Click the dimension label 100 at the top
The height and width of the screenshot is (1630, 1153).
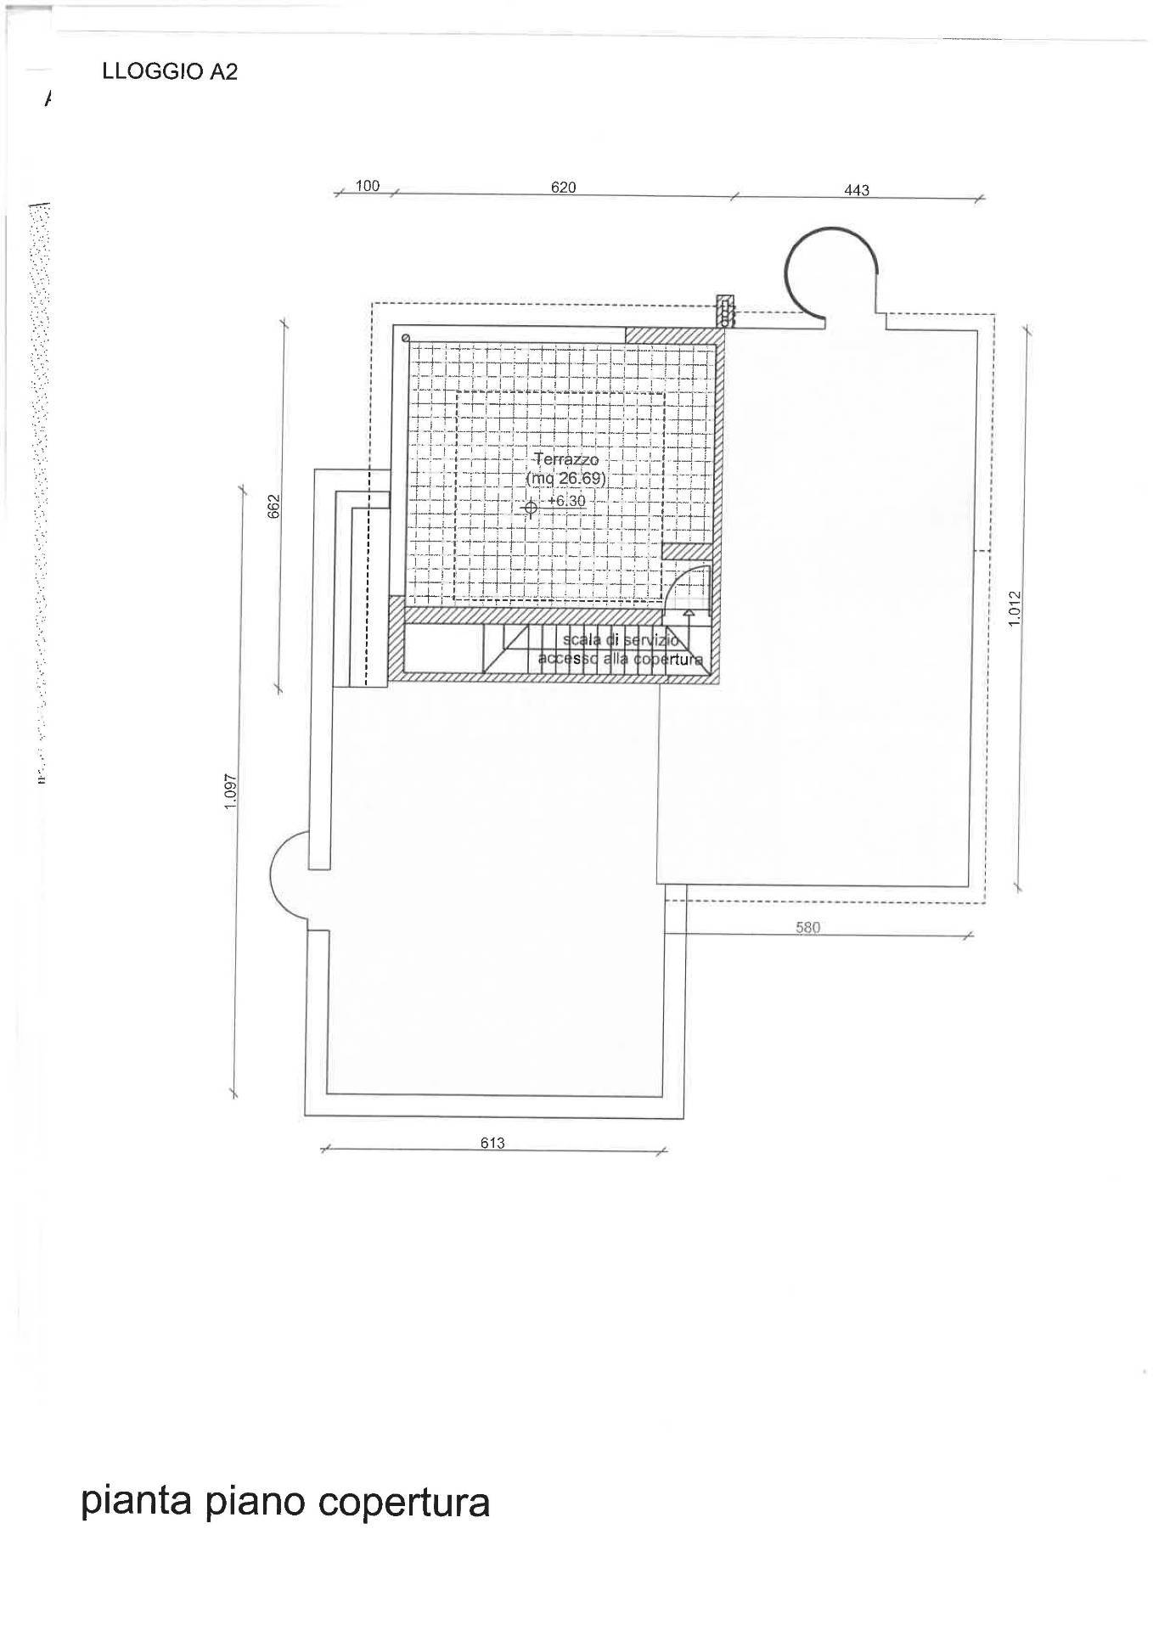pyautogui.click(x=367, y=186)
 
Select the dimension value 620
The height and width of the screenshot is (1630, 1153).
pyautogui.click(x=563, y=188)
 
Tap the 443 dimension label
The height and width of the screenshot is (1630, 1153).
pyautogui.click(x=857, y=190)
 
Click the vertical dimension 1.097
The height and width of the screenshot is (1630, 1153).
pyautogui.click(x=229, y=790)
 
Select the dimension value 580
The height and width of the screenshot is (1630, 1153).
pyautogui.click(x=807, y=928)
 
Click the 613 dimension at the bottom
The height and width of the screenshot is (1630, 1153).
pyautogui.click(x=492, y=1143)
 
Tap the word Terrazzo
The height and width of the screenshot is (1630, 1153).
pyautogui.click(x=566, y=459)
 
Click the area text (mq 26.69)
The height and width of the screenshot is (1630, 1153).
pyautogui.click(x=565, y=479)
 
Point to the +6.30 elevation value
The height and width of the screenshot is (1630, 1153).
pyautogui.click(x=566, y=501)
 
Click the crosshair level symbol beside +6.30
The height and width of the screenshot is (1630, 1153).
pyautogui.click(x=530, y=509)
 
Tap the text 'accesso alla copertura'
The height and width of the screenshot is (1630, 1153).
pyautogui.click(x=620, y=660)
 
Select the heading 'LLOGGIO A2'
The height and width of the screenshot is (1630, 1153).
pyautogui.click(x=170, y=72)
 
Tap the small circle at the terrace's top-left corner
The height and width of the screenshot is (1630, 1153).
pyautogui.click(x=406, y=337)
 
